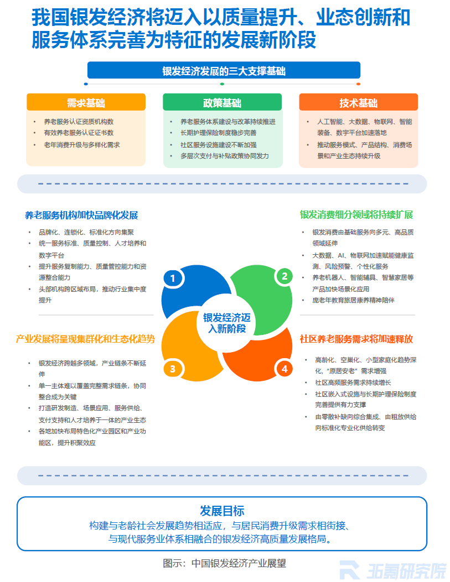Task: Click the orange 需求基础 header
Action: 86,102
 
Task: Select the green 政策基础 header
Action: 222,102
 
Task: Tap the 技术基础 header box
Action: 359,102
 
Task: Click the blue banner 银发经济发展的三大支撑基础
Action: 224,70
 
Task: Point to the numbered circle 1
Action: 173,278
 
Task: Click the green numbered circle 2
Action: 285,276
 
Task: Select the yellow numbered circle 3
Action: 173,369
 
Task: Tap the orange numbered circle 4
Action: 285,369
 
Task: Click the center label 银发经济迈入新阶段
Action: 227,323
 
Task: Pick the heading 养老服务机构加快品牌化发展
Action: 81,216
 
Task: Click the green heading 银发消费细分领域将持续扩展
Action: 356,214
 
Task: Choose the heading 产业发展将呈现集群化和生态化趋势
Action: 85,339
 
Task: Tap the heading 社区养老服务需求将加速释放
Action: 356,339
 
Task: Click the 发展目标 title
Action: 222,511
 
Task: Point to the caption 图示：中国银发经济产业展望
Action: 224,563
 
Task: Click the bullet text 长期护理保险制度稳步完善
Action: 219,133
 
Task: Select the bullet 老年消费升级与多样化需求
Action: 82,145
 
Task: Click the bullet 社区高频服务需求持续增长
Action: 353,382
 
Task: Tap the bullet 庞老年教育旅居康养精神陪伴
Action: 353,300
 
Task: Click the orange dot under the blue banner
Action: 358,84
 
